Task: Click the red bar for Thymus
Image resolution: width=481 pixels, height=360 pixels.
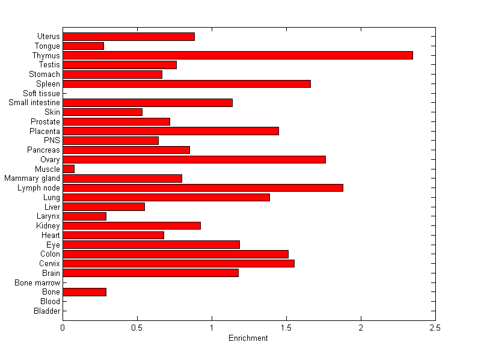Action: coord(237,55)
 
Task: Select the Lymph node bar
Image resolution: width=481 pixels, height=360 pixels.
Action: coord(203,188)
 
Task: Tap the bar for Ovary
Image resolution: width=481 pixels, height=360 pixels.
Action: coord(194,159)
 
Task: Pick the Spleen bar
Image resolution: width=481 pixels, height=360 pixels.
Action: coord(186,84)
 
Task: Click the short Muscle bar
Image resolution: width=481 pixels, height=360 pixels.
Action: coord(69,169)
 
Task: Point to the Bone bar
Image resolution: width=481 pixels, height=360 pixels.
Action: coord(84,292)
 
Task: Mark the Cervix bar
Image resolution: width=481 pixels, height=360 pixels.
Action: coord(179,263)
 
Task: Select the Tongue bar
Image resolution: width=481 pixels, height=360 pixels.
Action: coord(83,46)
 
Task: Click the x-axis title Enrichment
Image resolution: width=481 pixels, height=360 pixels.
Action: coord(248,338)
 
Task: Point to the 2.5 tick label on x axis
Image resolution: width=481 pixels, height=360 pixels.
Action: coord(435,328)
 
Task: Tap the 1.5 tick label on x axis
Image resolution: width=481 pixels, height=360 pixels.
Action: coord(286,328)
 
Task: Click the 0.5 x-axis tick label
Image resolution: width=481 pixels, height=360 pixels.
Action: coord(137,328)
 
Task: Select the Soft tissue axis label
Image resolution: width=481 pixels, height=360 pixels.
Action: coord(41,93)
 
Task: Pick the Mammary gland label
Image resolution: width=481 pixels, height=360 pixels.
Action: coord(32,178)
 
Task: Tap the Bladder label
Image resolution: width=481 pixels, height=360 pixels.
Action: coord(47,311)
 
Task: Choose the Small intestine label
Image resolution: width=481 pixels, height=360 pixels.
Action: coord(34,103)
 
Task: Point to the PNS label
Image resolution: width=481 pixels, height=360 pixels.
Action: coord(52,141)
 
